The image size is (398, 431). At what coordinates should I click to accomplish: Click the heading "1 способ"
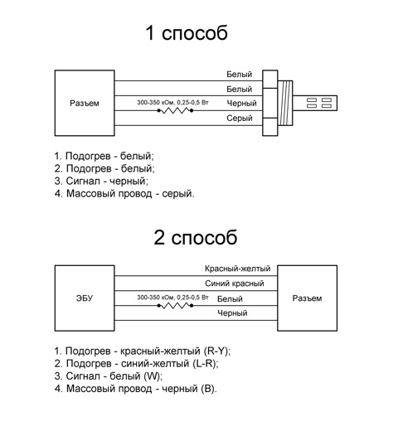(187, 33)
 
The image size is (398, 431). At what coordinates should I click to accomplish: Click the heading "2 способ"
(196, 237)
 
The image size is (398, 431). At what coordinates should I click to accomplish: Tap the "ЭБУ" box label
(85, 298)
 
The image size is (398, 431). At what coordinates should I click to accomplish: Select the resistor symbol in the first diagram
(175, 111)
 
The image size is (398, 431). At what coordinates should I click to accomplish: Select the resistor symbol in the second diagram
(175, 306)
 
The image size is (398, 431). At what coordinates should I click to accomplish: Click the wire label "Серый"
(240, 119)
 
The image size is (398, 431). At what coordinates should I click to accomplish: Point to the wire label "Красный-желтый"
(237, 269)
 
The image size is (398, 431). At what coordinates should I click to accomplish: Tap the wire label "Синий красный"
(235, 283)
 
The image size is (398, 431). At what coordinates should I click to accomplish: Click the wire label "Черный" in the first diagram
(241, 104)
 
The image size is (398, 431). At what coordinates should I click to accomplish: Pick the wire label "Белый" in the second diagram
(230, 298)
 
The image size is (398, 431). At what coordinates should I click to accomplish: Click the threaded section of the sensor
(285, 103)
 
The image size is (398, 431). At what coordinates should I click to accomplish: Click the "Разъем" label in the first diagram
(85, 104)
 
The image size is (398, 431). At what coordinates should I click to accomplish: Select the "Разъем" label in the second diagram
(307, 298)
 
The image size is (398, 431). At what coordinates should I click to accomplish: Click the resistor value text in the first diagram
(172, 103)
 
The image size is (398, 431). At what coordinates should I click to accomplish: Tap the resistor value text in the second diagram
(172, 298)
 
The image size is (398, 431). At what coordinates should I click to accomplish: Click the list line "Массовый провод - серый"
(124, 193)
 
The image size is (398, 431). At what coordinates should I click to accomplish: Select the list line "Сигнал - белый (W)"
(109, 376)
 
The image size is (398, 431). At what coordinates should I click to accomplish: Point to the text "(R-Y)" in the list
(217, 351)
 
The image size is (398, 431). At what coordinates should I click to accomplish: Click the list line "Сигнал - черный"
(101, 181)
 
